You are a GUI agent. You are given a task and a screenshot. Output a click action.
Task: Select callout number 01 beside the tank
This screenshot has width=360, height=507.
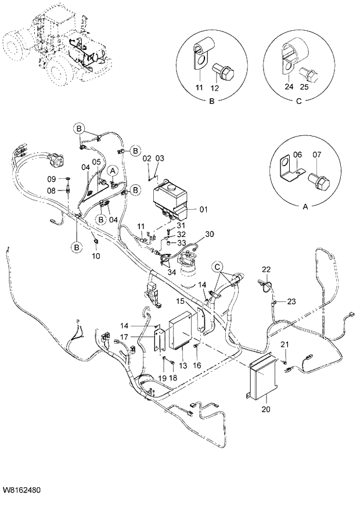point(203,210)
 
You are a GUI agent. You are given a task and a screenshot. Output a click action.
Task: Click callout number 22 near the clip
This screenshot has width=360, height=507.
point(266,269)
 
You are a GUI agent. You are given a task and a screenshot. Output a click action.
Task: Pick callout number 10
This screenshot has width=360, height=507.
point(96,256)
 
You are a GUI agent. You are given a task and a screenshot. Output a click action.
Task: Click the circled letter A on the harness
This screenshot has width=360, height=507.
point(113,170)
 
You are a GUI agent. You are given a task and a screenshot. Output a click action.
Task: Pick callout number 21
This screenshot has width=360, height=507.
point(285,346)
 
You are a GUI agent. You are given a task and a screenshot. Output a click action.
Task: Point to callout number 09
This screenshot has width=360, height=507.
point(51,178)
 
